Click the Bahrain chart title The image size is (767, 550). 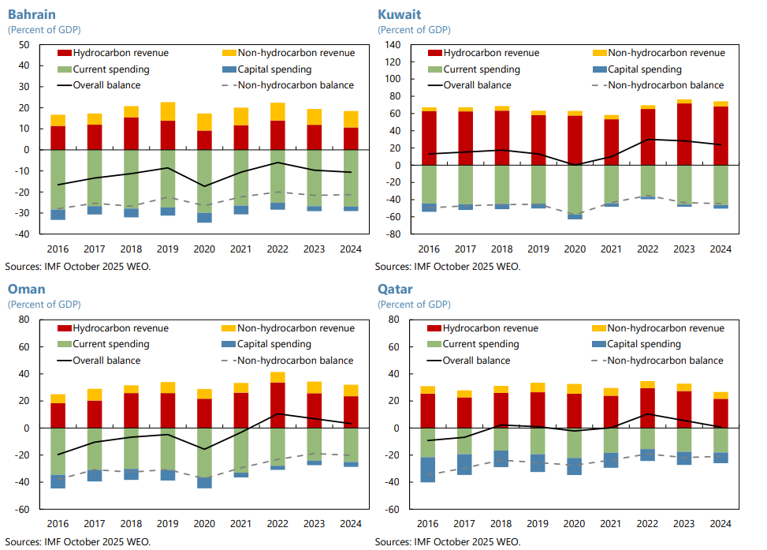32,14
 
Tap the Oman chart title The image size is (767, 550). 26,289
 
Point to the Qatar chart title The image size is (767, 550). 395,289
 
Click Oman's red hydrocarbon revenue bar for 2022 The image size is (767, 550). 277,405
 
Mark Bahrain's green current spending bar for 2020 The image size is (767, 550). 204,181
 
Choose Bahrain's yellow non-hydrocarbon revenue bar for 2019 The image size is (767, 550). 168,111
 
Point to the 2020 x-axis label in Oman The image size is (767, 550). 204,523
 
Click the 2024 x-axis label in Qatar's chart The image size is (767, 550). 720,523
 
